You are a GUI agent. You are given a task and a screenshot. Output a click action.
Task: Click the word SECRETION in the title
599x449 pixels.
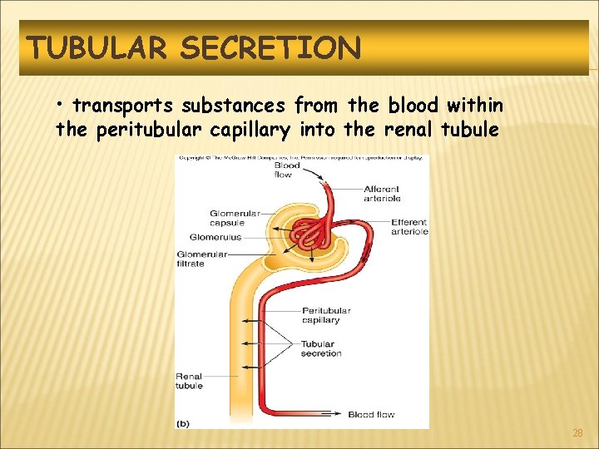(x=270, y=48)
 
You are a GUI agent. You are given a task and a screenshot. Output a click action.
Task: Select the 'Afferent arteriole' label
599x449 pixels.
(x=382, y=194)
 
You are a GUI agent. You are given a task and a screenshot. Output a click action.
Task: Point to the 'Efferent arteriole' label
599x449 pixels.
(x=408, y=227)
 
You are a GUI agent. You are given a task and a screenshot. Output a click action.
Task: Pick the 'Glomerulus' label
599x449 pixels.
(x=215, y=237)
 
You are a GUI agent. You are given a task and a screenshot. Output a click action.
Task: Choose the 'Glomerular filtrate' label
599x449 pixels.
(x=202, y=259)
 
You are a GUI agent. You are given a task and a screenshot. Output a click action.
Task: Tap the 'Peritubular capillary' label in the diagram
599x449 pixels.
(x=326, y=315)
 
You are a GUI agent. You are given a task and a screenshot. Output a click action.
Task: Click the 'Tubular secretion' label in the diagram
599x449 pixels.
(x=321, y=348)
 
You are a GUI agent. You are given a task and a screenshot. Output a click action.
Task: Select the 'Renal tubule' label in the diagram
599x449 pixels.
(x=189, y=381)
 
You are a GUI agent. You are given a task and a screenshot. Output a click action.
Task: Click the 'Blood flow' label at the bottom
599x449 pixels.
(x=371, y=414)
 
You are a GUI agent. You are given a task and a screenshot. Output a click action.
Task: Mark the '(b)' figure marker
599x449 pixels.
(x=183, y=422)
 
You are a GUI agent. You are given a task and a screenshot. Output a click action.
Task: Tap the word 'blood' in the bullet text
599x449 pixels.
(x=410, y=106)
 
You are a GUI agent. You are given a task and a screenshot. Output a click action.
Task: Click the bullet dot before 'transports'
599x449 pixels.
(x=62, y=104)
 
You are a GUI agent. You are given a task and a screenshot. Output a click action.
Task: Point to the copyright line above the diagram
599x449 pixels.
(x=301, y=157)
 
